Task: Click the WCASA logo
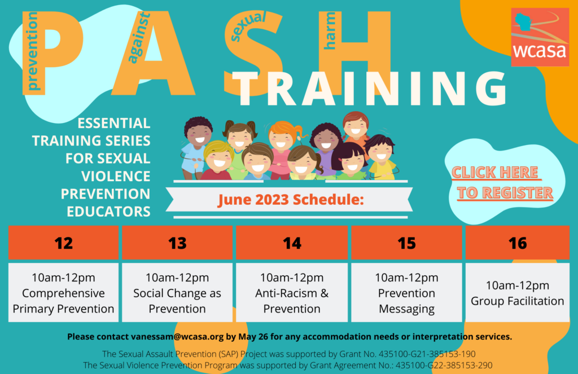540,37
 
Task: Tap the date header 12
63,243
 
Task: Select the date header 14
292,243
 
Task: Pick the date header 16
518,243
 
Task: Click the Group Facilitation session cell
518,292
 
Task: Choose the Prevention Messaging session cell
406,292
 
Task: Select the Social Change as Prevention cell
177,292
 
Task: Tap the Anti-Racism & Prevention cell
292,292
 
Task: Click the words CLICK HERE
496,173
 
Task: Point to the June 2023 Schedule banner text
291,199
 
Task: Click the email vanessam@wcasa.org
177,336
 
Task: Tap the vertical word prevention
32,51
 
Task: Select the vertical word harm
329,30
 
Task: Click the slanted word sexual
248,26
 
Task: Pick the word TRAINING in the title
370,88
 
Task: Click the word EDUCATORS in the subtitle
109,212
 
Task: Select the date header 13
177,243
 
